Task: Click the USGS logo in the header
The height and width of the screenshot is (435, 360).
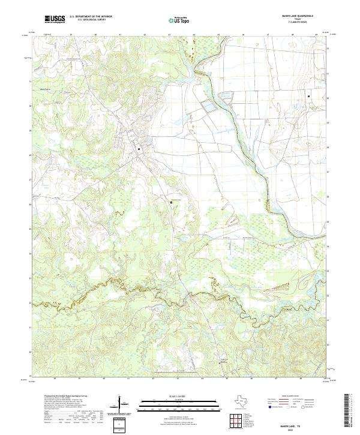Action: click(55, 19)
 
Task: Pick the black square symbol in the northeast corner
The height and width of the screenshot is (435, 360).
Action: click(308, 97)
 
